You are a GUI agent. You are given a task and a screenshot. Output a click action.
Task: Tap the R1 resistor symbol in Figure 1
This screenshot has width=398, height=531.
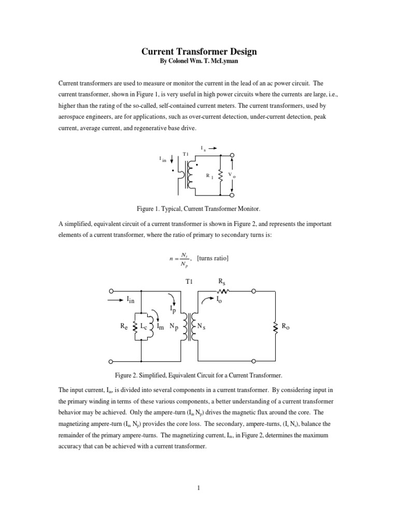pyautogui.click(x=221, y=176)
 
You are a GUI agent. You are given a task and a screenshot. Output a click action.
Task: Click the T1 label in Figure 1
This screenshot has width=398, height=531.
pyautogui.click(x=186, y=154)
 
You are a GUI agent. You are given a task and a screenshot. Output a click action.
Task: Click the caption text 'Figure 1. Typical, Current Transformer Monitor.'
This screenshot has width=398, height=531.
pyautogui.click(x=199, y=208)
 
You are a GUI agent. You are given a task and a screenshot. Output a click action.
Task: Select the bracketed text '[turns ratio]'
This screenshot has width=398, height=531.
pyautogui.click(x=213, y=258)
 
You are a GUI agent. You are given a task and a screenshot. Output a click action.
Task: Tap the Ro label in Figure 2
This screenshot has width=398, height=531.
pyautogui.click(x=285, y=326)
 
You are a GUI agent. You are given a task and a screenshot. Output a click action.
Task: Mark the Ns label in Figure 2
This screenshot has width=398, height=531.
pyautogui.click(x=203, y=326)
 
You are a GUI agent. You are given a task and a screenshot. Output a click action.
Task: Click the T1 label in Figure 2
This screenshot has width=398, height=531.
pyautogui.click(x=189, y=281)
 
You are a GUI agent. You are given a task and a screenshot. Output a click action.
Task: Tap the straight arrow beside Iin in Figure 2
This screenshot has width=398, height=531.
pyautogui.click(x=117, y=299)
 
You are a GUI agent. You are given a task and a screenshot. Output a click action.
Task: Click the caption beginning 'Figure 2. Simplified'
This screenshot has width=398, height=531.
pyautogui.click(x=199, y=374)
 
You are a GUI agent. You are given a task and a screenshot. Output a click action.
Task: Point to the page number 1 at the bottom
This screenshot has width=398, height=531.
pyautogui.click(x=198, y=488)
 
